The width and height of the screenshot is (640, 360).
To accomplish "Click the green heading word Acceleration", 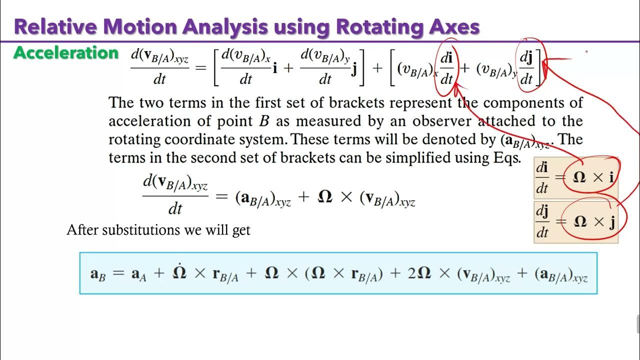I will [66, 53].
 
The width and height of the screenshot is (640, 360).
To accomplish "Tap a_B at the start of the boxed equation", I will [96, 274].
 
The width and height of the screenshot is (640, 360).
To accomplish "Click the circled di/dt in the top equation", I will [446, 69].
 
